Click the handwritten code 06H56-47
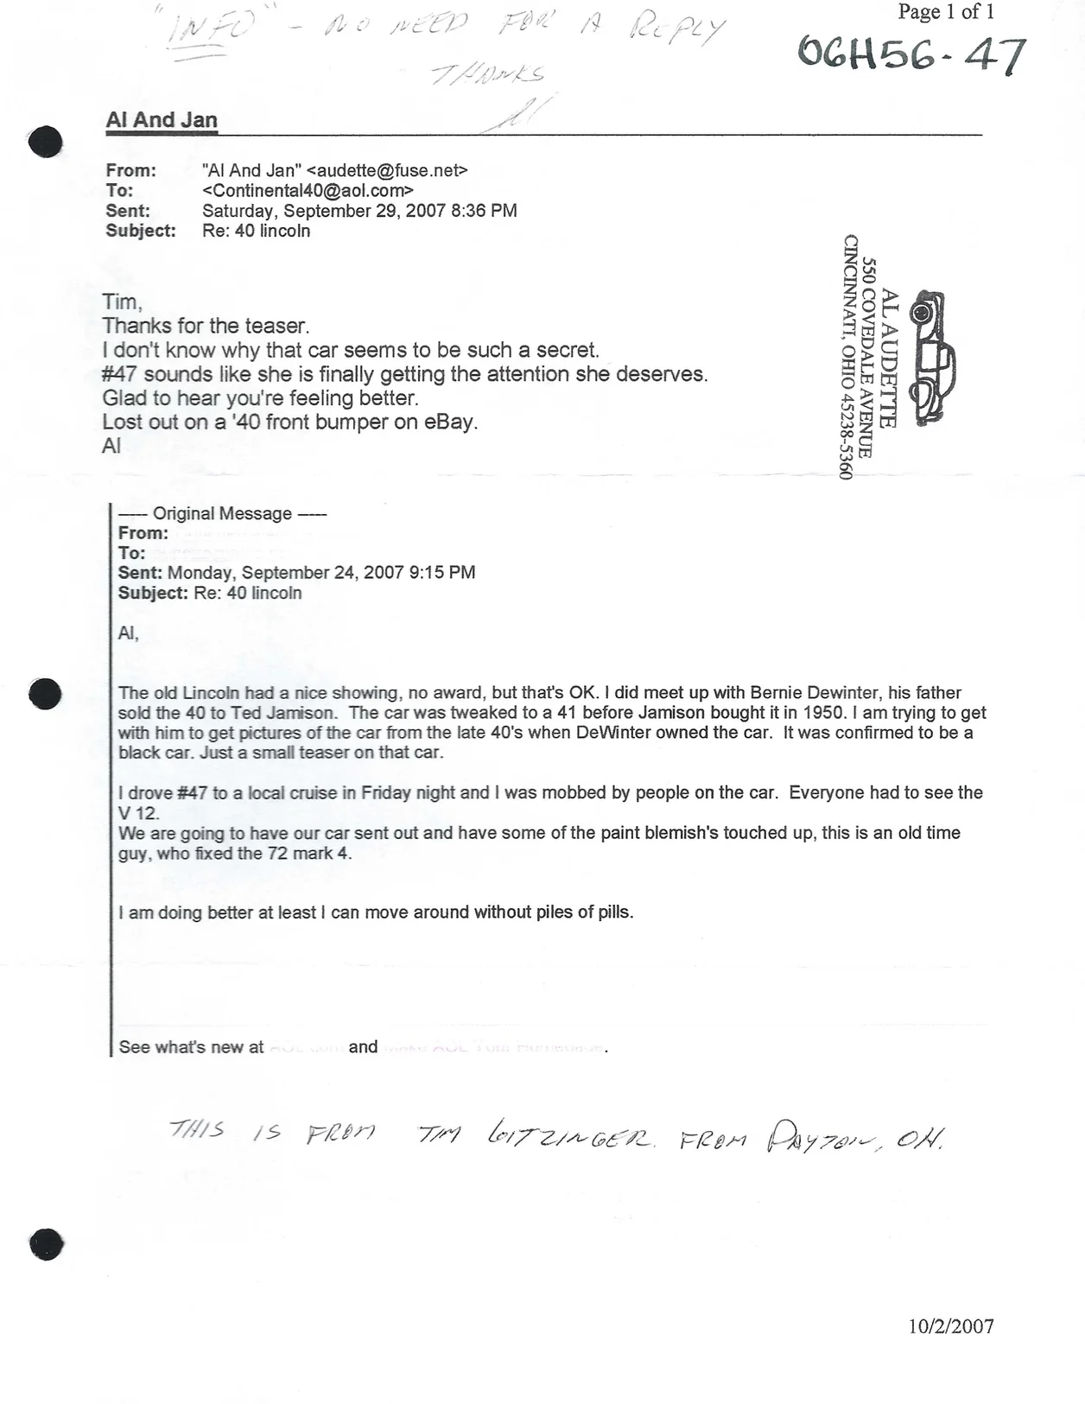(911, 54)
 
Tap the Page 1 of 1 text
(946, 12)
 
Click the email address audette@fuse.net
(387, 170)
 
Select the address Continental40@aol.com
(308, 190)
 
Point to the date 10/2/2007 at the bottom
(950, 1326)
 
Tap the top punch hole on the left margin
(46, 142)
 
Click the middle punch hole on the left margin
(45, 693)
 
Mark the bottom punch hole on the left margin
(47, 1244)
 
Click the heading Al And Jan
(162, 120)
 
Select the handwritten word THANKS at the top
(488, 74)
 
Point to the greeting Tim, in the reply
(122, 302)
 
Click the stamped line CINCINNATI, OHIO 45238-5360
(848, 357)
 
